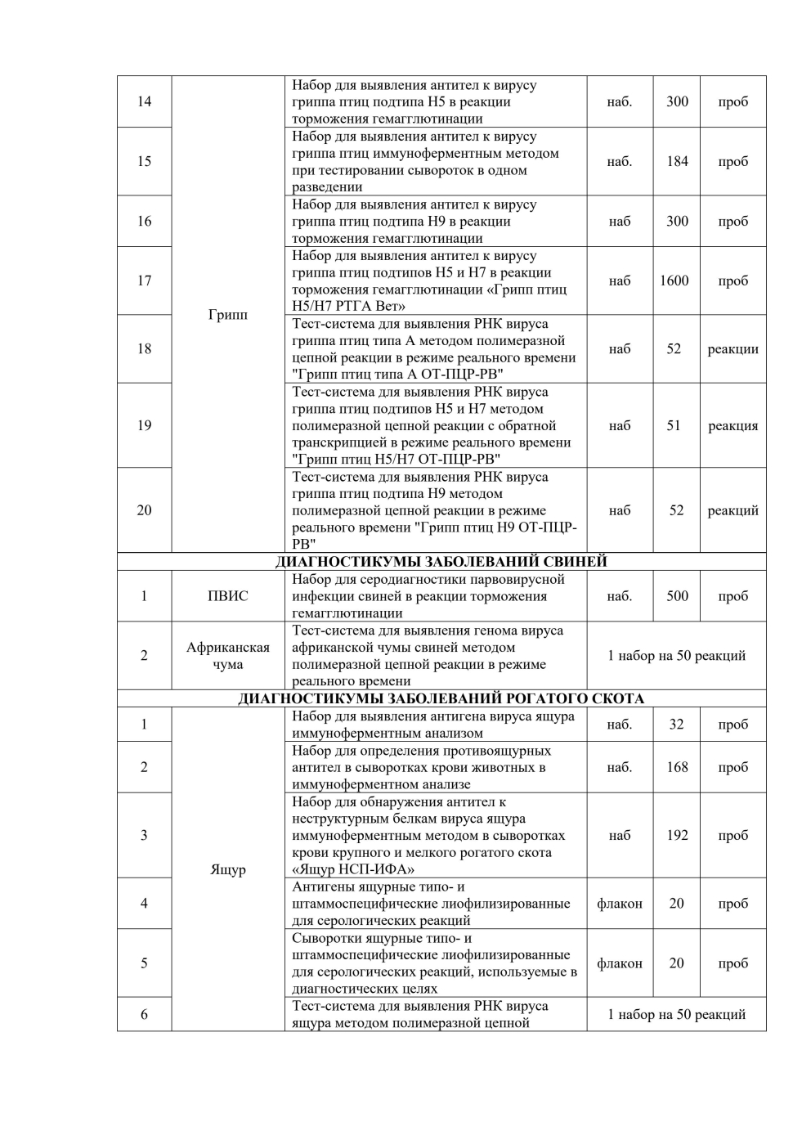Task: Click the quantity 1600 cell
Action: click(674, 280)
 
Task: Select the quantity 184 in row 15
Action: click(677, 161)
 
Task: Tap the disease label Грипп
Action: click(228, 315)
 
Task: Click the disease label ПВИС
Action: click(228, 595)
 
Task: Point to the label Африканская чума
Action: click(228, 656)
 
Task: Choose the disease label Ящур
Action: click(228, 869)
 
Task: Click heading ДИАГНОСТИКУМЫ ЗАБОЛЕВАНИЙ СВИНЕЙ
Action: click(441, 562)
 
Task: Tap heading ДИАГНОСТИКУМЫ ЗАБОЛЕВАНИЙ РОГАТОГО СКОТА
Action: click(441, 698)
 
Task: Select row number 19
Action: click(144, 425)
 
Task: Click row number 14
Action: click(144, 101)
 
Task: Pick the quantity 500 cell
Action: click(677, 595)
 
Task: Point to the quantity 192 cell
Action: click(677, 835)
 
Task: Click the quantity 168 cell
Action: click(677, 767)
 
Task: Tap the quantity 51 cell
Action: click(674, 425)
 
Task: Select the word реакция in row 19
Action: click(733, 425)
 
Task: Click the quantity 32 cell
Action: click(676, 724)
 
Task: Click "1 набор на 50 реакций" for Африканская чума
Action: click(676, 656)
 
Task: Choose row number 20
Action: click(144, 510)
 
